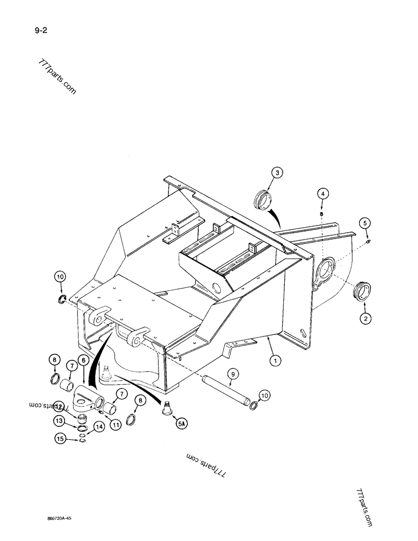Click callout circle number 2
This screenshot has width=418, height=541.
(x=365, y=319)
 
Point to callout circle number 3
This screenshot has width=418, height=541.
(x=277, y=173)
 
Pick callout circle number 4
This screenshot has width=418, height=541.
(x=322, y=193)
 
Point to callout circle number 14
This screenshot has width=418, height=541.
(x=99, y=427)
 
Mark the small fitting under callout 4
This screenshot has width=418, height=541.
(x=322, y=214)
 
